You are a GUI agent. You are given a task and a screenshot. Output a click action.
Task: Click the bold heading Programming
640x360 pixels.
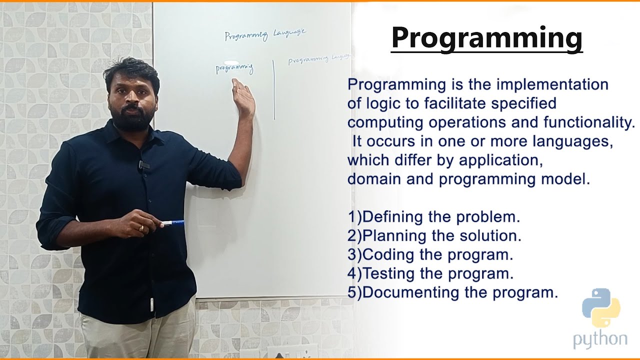coord(486,38)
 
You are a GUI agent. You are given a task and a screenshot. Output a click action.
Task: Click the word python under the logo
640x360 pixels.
coord(600,339)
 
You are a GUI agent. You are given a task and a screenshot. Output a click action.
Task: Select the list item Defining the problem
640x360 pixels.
coord(434,217)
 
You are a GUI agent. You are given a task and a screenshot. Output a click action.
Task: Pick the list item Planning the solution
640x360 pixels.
coord(434,235)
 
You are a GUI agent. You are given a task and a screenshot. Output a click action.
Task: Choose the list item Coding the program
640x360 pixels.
coord(430,254)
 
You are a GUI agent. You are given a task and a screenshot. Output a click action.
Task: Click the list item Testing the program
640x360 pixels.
coord(430,273)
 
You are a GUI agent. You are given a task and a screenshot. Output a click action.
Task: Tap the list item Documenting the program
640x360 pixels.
coord(452,292)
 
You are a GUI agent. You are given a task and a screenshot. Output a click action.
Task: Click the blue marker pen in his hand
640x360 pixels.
coord(172,223)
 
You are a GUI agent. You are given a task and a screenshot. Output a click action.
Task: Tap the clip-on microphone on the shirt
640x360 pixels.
coord(143,164)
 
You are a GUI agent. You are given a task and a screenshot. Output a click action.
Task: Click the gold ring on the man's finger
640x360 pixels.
coord(141,228)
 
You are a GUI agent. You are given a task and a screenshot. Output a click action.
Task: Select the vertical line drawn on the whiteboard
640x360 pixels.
coord(274,90)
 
